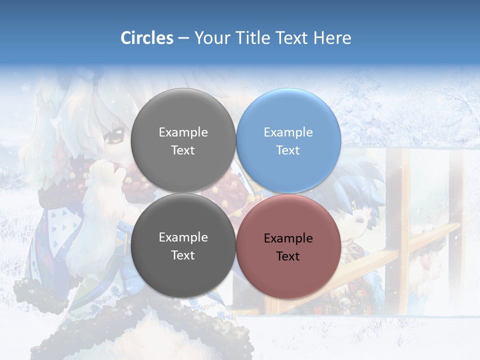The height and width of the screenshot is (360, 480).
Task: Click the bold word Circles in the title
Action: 147,38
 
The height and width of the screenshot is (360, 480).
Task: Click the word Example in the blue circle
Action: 288,132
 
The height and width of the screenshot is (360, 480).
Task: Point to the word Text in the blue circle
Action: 288,150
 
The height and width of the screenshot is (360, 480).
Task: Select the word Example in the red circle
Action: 288,238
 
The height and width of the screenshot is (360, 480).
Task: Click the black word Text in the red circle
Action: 288,256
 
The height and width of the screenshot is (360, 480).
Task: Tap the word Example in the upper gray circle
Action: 183,132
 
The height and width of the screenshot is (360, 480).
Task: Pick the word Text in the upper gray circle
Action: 183,150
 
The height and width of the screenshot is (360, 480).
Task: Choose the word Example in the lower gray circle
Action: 183,237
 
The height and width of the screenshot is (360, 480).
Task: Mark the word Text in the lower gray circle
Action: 183,255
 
